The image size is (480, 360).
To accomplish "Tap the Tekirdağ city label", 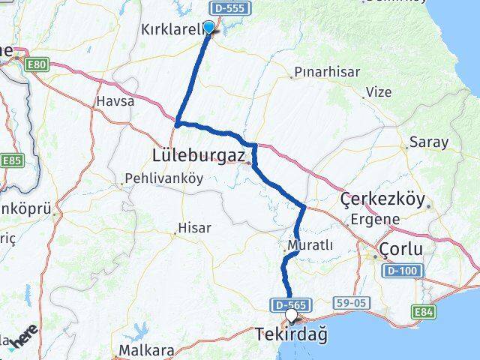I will coord(292,334).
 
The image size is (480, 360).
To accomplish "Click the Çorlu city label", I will coord(400,249).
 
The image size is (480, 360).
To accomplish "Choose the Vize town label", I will coord(378,92).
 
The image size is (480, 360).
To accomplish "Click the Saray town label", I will coord(428,142).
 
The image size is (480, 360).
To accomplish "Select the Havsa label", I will coord(115,100).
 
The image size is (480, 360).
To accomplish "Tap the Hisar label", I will coord(194,228).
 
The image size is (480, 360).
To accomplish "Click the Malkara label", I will coord(147,350).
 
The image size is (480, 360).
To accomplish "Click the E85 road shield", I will coord(12,160).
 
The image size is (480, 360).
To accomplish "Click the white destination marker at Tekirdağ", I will coord(292,316).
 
